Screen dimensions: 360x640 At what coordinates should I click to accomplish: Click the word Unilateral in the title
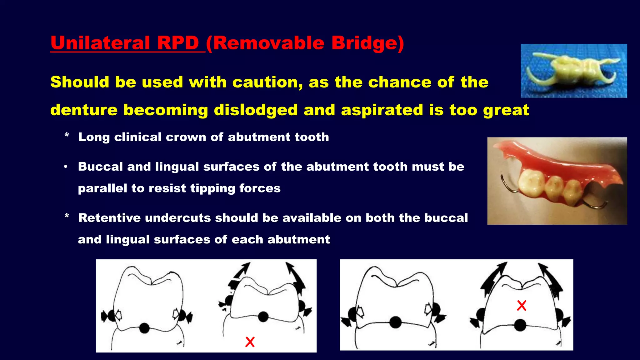(x=100, y=43)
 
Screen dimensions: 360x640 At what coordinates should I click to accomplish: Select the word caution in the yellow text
(x=267, y=82)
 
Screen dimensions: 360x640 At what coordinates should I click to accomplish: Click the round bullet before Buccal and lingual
(x=66, y=167)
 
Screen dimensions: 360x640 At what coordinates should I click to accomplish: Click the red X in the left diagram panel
(x=250, y=342)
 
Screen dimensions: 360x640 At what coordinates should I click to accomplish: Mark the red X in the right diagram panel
(x=522, y=305)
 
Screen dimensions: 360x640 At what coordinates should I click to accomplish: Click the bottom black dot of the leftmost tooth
(x=144, y=328)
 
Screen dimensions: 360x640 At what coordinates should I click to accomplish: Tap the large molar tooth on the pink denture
(x=531, y=183)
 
